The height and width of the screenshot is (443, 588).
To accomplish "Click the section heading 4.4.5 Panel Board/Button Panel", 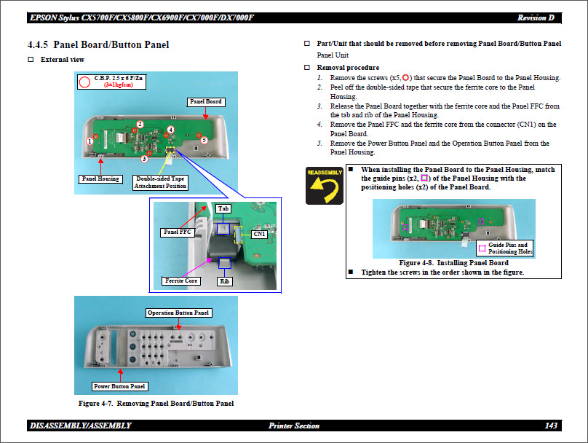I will pos(98,45).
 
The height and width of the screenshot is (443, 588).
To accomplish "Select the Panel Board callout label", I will pos(205,101).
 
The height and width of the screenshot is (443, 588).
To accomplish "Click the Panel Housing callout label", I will pos(100,179).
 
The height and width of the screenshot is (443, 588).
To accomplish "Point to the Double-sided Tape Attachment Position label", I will pos(160,182).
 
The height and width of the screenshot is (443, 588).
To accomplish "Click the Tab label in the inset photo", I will pos(223,209).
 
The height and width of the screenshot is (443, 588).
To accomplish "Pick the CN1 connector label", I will pos(259,234).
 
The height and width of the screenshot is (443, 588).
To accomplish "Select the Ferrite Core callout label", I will pos(181,281).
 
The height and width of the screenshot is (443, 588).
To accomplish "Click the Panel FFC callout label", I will pos(178,232).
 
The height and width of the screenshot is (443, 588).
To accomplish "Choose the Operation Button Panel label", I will pos(178,313).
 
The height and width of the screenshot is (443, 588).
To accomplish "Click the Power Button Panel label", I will pos(119,386).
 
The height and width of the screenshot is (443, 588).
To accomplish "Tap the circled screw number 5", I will pos(204,140).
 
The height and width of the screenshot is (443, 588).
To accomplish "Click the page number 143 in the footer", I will pos(551,426).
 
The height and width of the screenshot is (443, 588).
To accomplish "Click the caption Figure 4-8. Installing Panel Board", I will pos(453,263).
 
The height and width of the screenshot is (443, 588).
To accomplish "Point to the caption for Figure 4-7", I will pos(156,404).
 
